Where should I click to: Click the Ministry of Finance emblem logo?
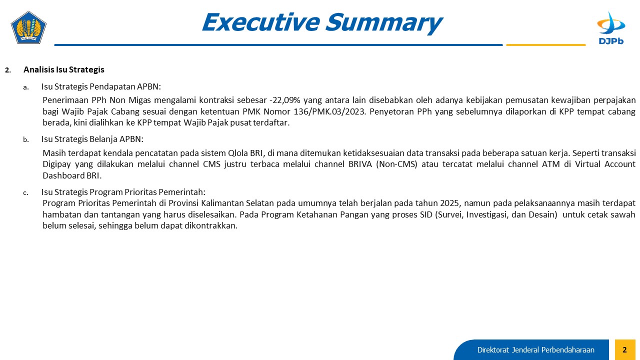tap(28, 27)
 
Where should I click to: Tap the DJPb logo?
tap(611, 28)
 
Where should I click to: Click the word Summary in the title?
tap(384, 22)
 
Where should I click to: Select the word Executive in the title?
tap(261, 22)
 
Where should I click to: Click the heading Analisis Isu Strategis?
tap(63, 69)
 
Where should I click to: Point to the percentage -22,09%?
tap(285, 100)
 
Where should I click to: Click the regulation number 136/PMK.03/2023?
tap(329, 111)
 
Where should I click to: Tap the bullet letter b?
tap(26, 139)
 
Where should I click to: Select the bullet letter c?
tap(25, 193)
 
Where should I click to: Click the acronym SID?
tap(426, 214)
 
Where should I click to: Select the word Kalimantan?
tap(222, 203)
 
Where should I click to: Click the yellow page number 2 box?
tap(625, 349)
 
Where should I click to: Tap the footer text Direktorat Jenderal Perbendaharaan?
tap(535, 350)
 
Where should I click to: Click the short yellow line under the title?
tap(545, 45)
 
